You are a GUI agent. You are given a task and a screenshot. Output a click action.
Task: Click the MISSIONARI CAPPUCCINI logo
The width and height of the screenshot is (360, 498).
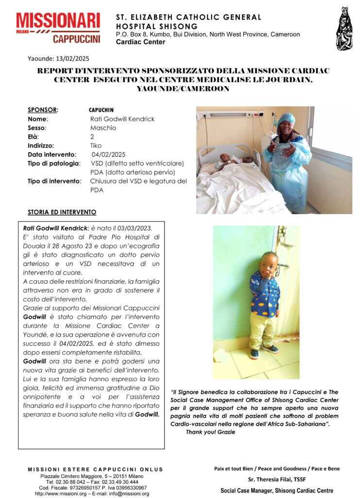(58, 28)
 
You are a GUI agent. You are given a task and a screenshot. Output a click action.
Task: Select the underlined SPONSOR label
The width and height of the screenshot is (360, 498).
(43, 110)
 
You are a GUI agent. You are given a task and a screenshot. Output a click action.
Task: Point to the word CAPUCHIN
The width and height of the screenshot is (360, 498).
(101, 110)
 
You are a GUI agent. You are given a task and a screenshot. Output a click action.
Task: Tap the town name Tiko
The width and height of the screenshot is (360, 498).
(96, 145)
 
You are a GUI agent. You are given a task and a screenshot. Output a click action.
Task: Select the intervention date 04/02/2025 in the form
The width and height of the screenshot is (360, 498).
(105, 154)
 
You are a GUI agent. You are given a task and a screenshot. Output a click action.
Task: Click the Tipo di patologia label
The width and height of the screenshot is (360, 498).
(53, 163)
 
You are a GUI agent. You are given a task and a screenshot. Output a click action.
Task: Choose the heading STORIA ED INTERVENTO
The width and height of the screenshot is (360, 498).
(62, 213)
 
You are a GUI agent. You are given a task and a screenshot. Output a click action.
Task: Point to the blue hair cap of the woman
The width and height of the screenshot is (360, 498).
(286, 118)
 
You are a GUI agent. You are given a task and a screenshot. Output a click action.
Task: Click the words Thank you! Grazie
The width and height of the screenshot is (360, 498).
(210, 432)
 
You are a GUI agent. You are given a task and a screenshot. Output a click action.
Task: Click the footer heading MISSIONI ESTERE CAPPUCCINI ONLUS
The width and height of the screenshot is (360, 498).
(95, 469)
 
